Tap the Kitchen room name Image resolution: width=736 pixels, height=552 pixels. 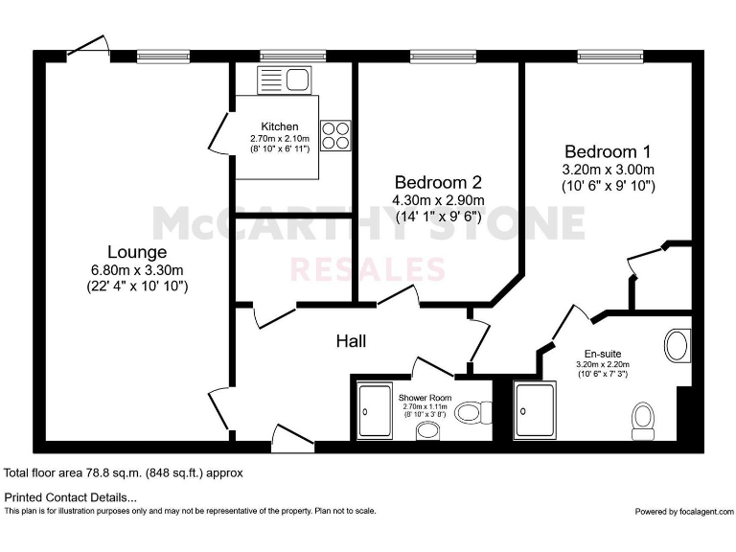280,126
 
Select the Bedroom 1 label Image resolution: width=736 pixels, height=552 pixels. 608,151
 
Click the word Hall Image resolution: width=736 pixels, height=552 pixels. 350,341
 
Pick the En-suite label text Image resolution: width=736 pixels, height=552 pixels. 602,352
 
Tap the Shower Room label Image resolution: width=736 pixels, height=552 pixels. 425,397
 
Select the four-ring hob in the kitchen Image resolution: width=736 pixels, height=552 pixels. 335,135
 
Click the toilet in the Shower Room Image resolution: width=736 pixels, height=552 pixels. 468,413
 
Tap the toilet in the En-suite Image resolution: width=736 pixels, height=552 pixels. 643,418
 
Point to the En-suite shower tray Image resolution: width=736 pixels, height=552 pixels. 535,411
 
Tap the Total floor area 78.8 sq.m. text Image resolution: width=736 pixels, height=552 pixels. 124,472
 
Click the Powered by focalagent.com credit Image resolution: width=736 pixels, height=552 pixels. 682,512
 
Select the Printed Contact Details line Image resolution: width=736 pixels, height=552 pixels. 71,497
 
